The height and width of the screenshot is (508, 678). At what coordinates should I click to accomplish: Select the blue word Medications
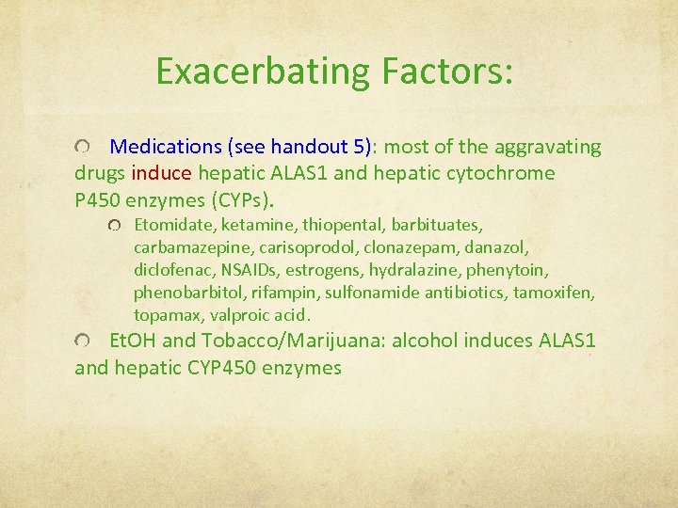click(x=165, y=147)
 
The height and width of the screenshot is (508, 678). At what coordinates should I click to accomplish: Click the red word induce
click(x=162, y=173)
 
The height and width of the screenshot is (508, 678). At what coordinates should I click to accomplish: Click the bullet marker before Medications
click(x=84, y=148)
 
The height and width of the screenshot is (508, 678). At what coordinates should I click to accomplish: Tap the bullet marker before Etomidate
click(x=114, y=226)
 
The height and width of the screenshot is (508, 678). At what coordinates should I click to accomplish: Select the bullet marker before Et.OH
click(x=84, y=341)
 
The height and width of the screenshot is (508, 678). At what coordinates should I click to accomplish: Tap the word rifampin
click(x=284, y=293)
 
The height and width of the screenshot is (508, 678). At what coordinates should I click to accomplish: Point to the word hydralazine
click(x=412, y=270)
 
